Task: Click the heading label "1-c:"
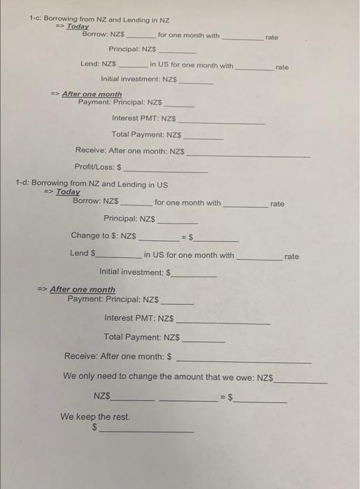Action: point(38,20)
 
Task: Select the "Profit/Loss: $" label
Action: point(98,168)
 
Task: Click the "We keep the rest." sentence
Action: point(94,417)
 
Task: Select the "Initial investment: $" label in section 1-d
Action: point(136,272)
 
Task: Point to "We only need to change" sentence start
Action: point(105,377)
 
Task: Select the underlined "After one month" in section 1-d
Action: point(82,289)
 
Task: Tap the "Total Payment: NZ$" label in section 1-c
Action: point(146,134)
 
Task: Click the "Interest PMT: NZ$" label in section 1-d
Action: point(138,319)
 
